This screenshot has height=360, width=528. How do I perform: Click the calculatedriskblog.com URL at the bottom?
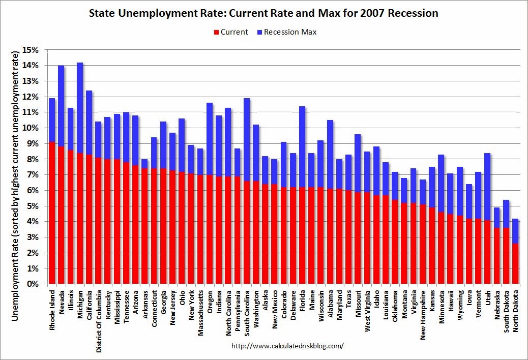point(287,346)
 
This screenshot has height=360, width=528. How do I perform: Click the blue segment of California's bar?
point(89,123)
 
